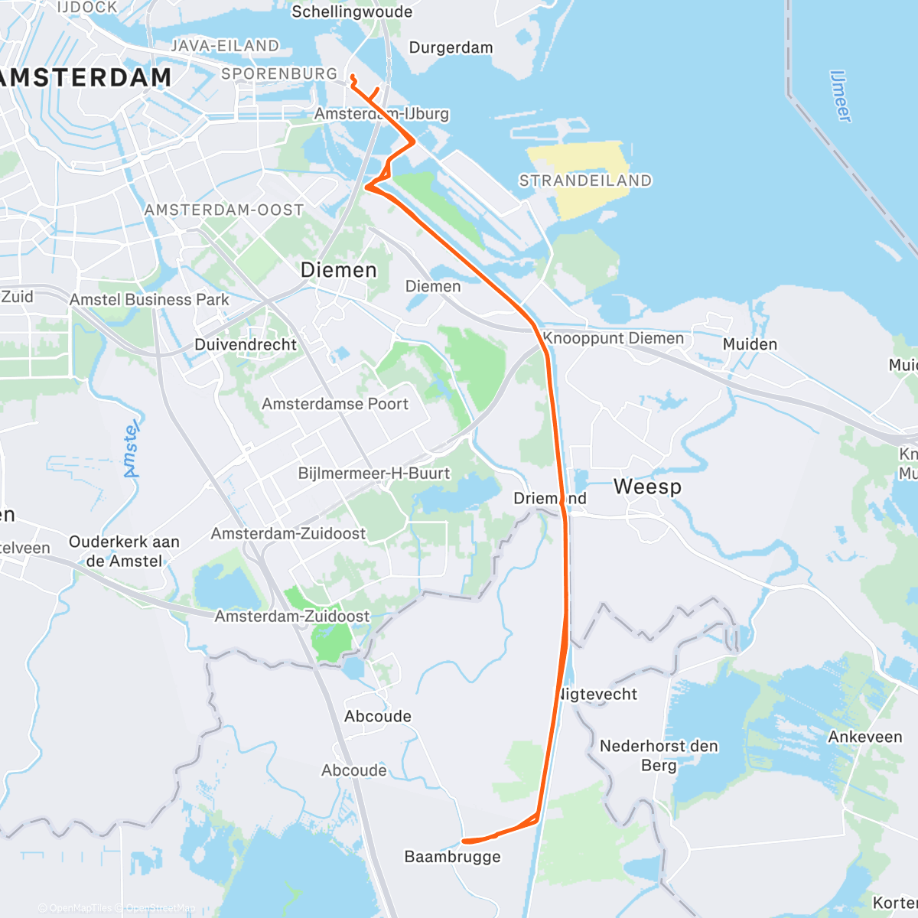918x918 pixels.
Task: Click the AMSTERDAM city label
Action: coord(84,78)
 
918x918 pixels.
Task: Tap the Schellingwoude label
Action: coord(352,12)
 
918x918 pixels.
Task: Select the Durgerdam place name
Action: coord(451,47)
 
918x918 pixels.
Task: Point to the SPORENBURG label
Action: coord(279,74)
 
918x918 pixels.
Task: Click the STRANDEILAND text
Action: coord(585,181)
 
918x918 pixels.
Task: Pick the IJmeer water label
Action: coord(840,96)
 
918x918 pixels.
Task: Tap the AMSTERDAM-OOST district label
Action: coord(224,210)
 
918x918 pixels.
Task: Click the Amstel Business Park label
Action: coord(149,300)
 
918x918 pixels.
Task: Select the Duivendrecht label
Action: coord(245,345)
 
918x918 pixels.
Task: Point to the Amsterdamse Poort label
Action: coord(335,404)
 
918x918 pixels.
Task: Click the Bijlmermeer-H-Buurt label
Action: coord(374,474)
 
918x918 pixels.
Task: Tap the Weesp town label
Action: coord(647,487)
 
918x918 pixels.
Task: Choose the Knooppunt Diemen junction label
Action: coord(613,338)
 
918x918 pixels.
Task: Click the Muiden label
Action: coord(750,344)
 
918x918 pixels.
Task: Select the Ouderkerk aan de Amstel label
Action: coord(124,551)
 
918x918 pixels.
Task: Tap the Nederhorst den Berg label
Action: coord(659,755)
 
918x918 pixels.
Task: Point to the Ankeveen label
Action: coord(865,737)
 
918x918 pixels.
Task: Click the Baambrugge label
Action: coord(452,857)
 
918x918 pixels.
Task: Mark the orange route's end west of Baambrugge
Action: coord(464,841)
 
